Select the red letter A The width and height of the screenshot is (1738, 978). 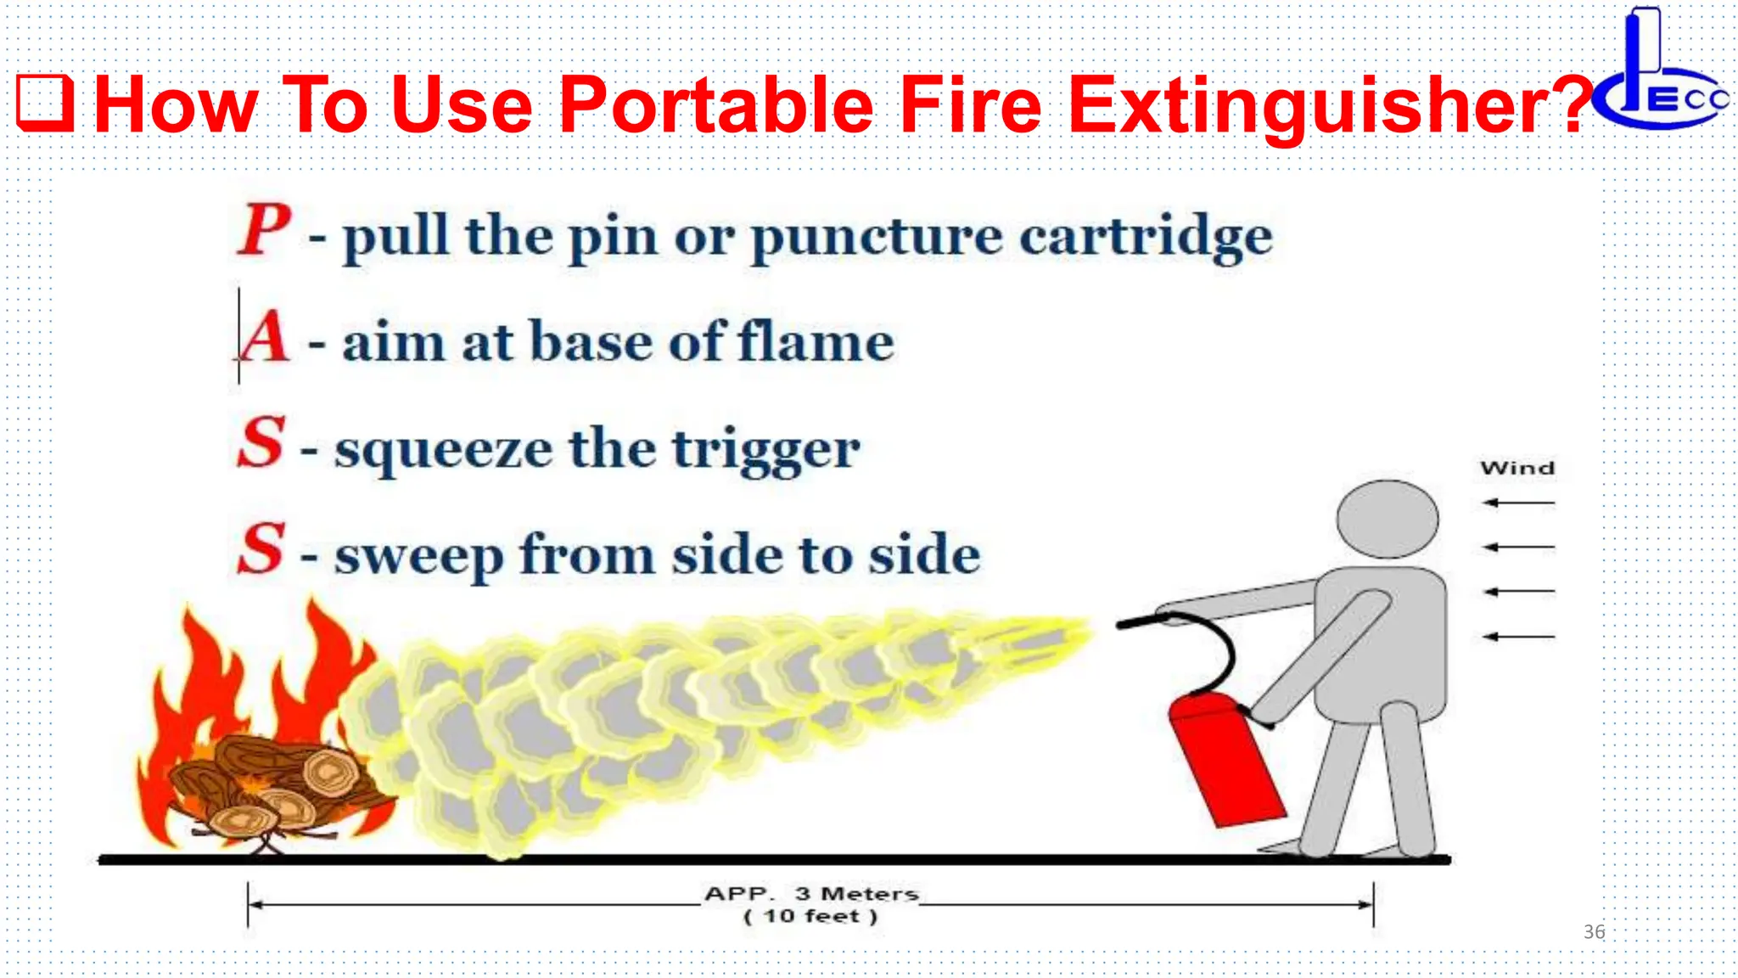coord(265,337)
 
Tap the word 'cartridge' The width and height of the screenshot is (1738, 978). coord(1146,237)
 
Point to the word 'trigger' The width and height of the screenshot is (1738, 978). coord(766,450)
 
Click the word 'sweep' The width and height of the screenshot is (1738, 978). coord(418,557)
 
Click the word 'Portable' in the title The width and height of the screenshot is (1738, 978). coord(716,105)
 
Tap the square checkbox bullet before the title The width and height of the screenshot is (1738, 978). coord(46,104)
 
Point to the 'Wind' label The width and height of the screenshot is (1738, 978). coord(1517,469)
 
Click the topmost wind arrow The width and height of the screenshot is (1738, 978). coord(1519,503)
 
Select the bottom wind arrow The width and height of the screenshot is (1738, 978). coord(1519,636)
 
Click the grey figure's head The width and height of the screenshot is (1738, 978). coord(1388,519)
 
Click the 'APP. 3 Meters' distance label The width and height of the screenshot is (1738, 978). coord(811,894)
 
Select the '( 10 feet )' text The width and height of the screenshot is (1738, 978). coord(810,917)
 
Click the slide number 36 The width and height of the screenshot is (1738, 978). coord(1594,932)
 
